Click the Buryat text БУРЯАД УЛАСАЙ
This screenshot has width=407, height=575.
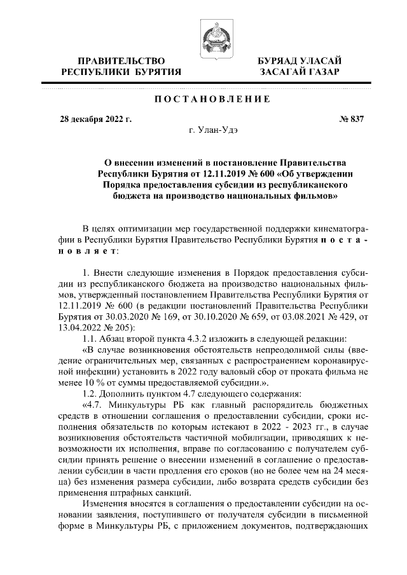pyautogui.click(x=299, y=60)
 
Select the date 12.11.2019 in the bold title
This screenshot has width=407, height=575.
pyautogui.click(x=227, y=173)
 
